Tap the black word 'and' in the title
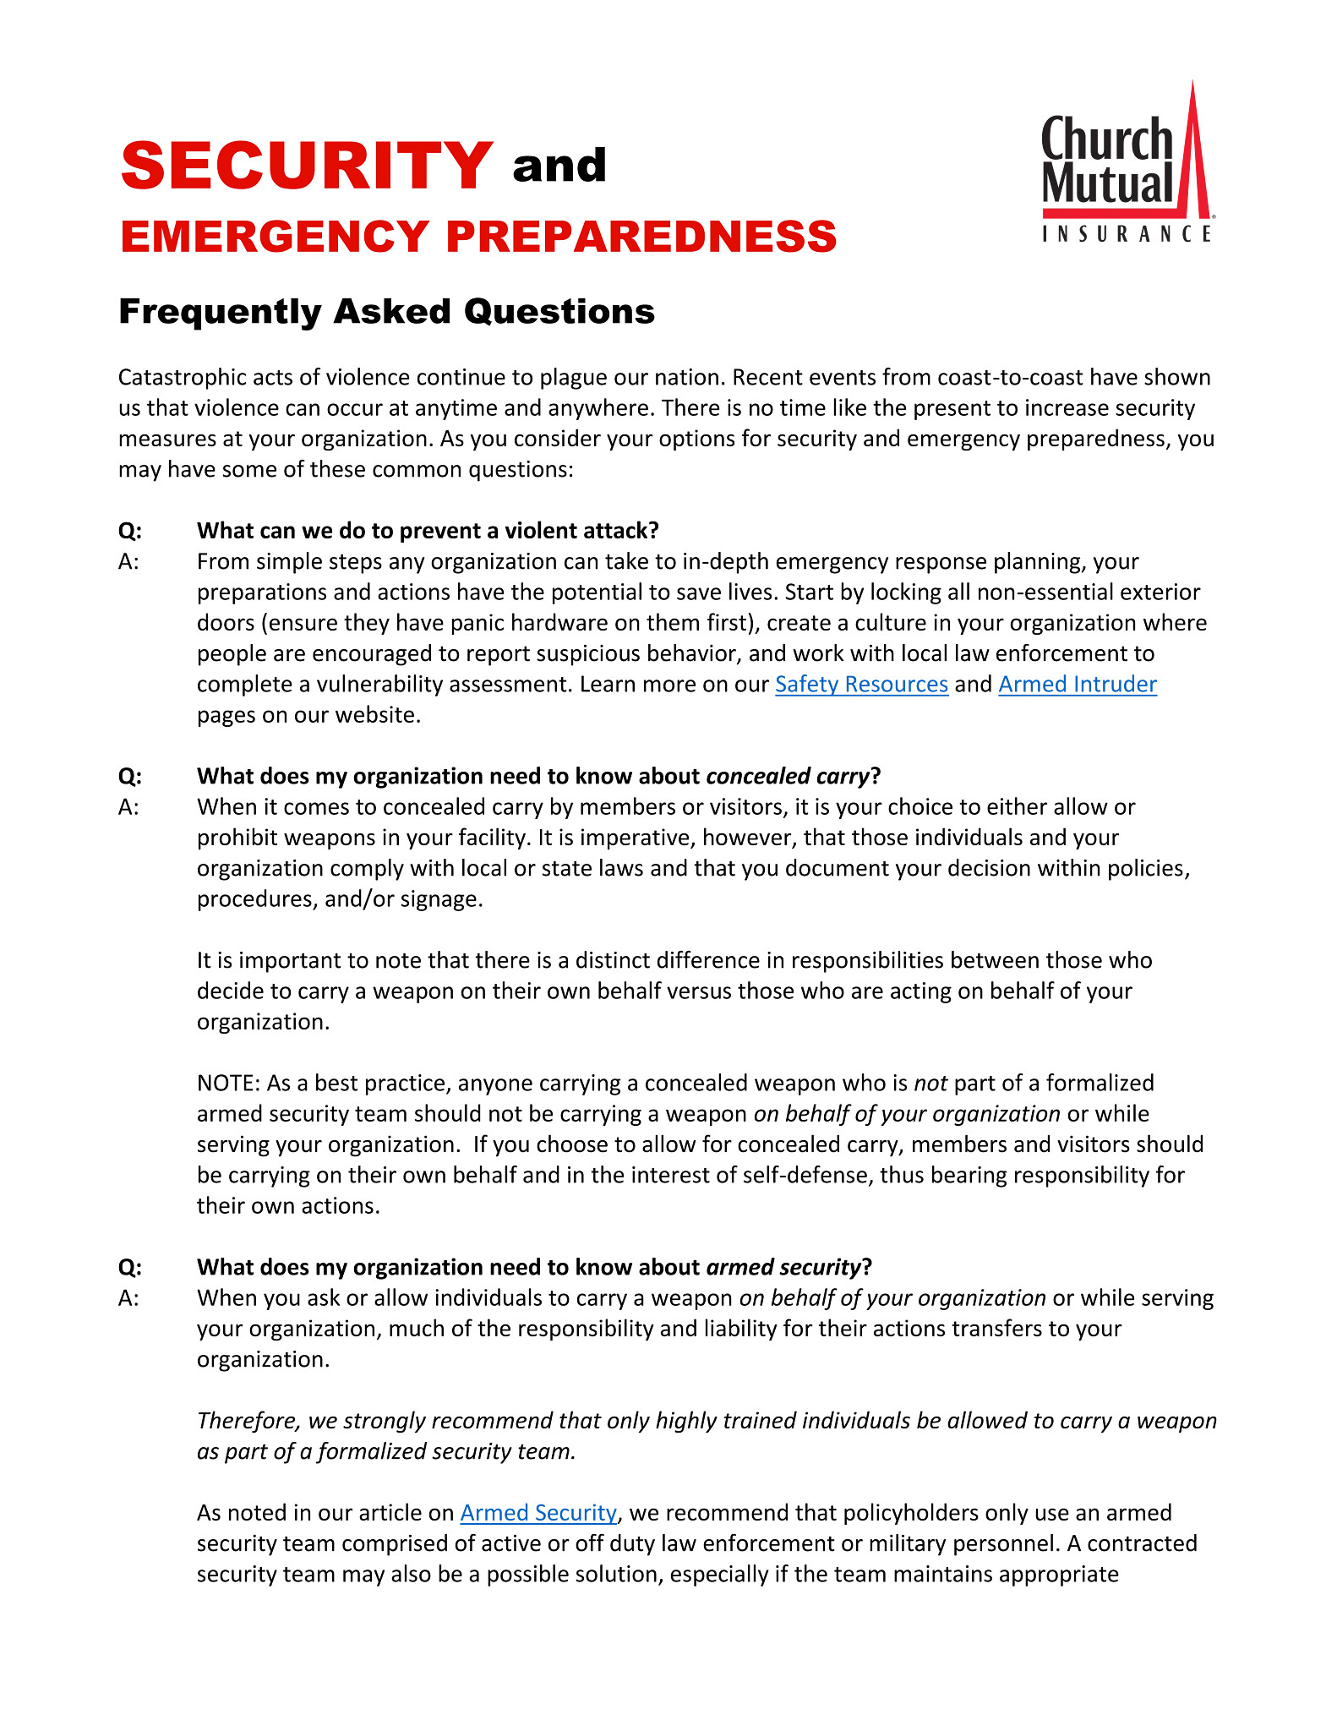[559, 166]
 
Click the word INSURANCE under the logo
[1127, 234]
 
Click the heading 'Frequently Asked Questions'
[386, 312]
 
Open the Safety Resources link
[861, 684]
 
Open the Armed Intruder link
[1077, 684]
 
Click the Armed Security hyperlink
[538, 1512]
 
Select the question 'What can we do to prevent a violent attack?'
[428, 531]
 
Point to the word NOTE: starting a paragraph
[228, 1084]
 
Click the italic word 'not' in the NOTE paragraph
[930, 1084]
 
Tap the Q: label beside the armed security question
[130, 1267]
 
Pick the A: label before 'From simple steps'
[128, 562]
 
